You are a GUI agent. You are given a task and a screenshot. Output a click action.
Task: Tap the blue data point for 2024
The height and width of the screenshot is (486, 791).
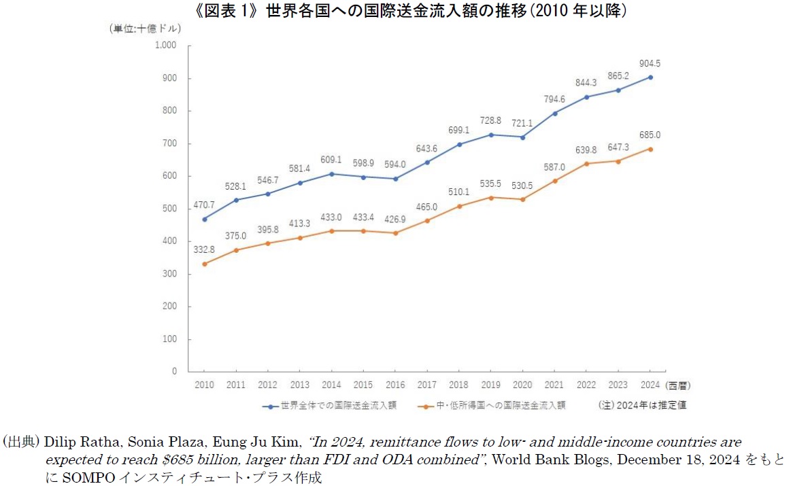click(650, 77)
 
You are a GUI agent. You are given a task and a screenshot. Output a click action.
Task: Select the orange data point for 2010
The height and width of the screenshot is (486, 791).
click(204, 264)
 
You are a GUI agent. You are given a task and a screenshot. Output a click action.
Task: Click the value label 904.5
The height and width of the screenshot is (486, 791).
click(650, 64)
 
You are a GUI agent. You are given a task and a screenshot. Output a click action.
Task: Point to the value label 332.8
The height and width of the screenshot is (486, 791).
click(203, 250)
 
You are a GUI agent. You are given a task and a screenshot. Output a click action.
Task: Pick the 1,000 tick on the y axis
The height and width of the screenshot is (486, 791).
click(166, 46)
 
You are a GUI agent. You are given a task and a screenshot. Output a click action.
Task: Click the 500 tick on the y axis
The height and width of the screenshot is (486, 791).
click(169, 209)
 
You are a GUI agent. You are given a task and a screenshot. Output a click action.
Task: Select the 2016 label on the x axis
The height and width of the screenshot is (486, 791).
click(395, 385)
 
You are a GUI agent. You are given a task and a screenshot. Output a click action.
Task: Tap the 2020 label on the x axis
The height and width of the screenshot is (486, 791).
click(522, 385)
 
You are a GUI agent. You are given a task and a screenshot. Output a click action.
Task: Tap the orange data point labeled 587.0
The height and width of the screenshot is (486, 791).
click(555, 181)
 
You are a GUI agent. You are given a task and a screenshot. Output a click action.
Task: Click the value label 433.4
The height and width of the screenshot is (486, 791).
click(363, 218)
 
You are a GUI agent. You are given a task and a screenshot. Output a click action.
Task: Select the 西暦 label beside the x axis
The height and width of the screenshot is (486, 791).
click(678, 385)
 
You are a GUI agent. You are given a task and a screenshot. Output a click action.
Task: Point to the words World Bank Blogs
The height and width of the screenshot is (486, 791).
click(534, 460)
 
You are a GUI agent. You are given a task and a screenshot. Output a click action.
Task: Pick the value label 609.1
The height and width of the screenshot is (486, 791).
click(331, 160)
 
